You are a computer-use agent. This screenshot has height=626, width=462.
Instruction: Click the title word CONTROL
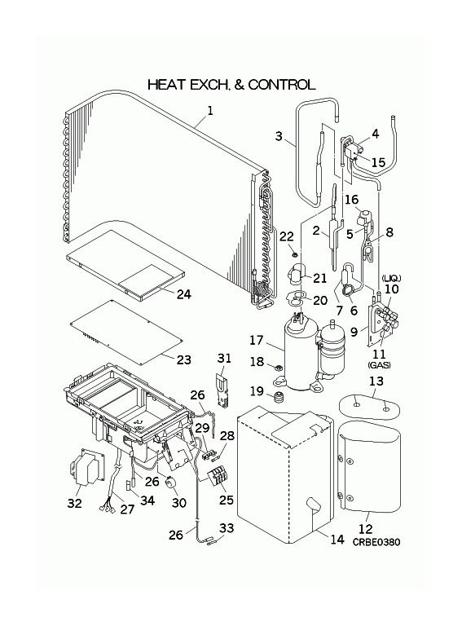(x=282, y=85)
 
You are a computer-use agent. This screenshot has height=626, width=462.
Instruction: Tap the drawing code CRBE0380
(x=376, y=542)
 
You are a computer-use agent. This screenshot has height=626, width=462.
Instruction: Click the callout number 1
(x=210, y=111)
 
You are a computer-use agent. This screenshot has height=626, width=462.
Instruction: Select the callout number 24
(x=184, y=294)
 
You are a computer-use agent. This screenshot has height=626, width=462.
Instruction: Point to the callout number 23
(x=184, y=359)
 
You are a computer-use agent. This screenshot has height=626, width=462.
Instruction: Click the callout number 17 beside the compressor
(x=257, y=341)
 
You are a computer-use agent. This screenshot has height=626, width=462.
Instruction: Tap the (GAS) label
(x=380, y=365)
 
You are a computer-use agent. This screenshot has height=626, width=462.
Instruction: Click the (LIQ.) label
(x=390, y=278)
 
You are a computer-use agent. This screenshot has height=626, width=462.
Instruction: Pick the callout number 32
(x=75, y=504)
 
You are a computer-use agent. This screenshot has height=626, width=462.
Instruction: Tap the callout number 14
(x=337, y=540)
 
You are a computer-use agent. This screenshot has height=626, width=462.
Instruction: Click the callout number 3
(x=279, y=136)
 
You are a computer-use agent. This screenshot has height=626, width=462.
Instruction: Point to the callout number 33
(x=227, y=528)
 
